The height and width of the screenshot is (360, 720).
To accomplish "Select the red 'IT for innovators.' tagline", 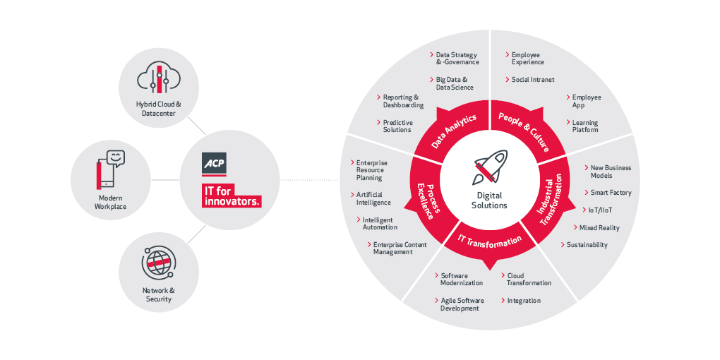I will [232, 196].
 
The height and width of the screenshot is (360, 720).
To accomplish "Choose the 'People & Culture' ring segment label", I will [525, 130].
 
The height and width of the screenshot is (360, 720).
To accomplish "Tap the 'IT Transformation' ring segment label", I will [489, 244].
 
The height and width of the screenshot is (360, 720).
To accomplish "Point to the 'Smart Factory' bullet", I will [610, 193].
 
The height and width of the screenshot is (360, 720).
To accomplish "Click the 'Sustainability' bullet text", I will [587, 245].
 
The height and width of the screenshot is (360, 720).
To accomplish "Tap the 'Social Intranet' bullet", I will [532, 80].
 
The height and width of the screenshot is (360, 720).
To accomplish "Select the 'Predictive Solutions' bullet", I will [397, 126].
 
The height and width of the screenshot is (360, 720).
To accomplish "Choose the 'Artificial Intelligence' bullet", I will [373, 198].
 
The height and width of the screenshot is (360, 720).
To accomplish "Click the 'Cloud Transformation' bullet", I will [529, 280].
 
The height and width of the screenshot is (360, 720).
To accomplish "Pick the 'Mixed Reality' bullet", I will [599, 228].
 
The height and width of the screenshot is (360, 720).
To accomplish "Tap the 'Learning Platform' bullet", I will [584, 126].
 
